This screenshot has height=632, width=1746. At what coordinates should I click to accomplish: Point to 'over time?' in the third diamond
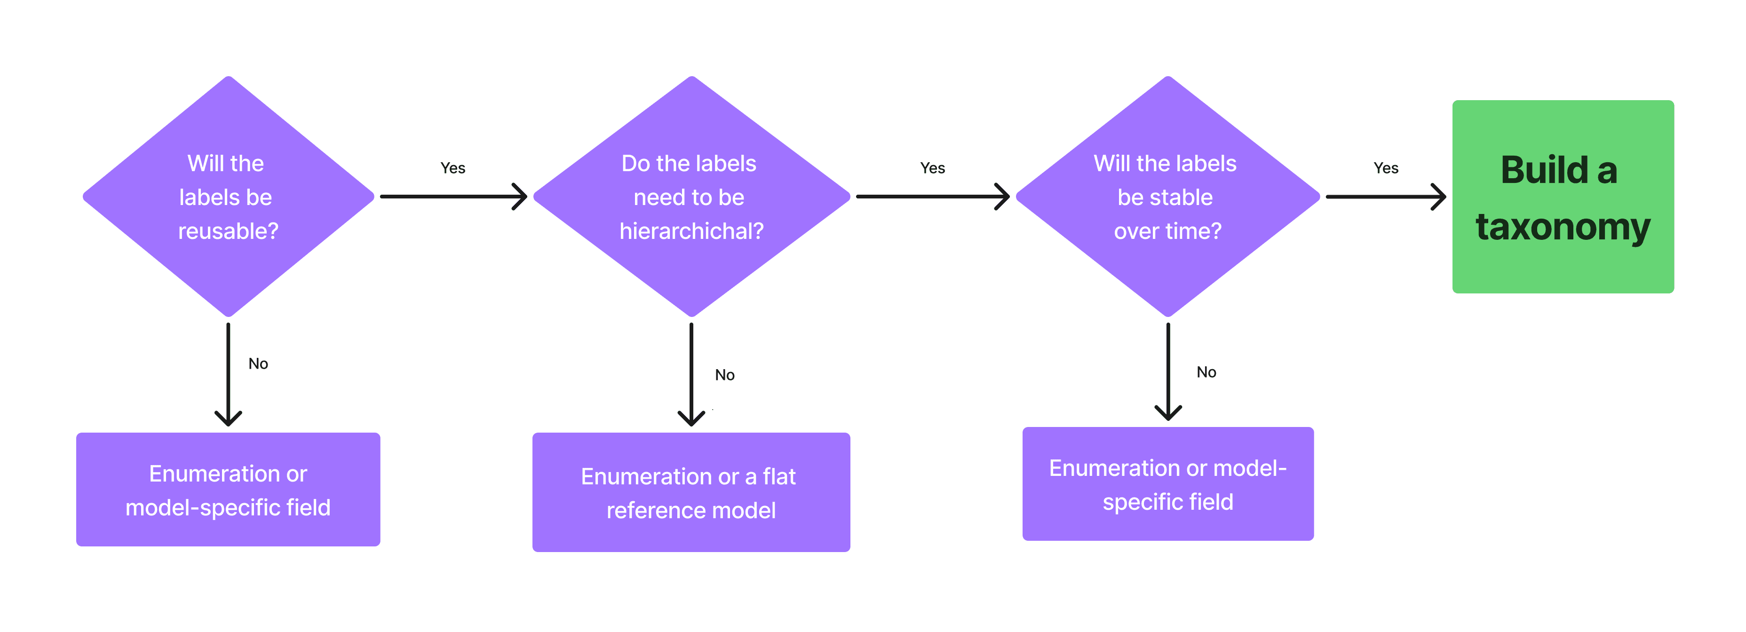1167,231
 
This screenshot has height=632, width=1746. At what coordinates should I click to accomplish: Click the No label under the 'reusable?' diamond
258,364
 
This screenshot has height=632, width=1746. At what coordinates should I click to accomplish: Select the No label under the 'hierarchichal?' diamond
724,375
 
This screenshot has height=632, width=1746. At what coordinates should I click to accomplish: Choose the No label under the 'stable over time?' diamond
1206,372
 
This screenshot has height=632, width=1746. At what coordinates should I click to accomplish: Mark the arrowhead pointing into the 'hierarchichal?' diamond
521,197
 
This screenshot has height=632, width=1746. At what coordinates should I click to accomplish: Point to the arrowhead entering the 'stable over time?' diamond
1003,197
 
